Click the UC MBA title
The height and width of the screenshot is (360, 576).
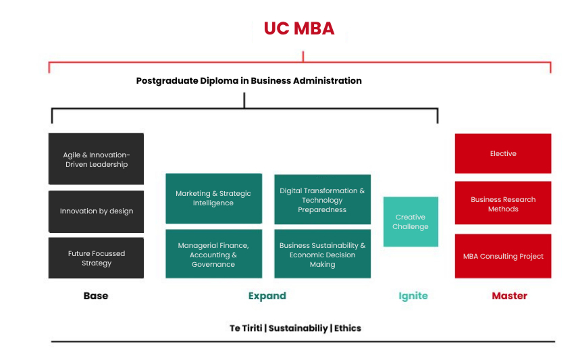[x=298, y=28]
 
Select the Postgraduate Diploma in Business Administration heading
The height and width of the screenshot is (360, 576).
[x=248, y=80]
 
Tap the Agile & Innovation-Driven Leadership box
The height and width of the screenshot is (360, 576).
[x=96, y=159]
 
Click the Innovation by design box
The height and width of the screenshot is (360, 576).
[x=96, y=211]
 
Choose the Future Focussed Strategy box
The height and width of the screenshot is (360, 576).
[x=96, y=258]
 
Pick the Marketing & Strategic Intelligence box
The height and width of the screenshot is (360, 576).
[x=213, y=199]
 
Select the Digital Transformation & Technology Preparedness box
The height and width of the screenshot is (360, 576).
[x=322, y=200]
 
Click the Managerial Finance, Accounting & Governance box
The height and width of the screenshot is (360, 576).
[x=213, y=255]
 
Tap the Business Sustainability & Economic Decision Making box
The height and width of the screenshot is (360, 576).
[x=322, y=255]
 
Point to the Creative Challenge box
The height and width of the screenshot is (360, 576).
[x=411, y=222]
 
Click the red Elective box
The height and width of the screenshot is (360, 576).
[x=502, y=154]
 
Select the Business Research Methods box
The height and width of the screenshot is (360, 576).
[x=502, y=204]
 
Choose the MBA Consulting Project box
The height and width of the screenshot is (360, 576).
[x=502, y=256]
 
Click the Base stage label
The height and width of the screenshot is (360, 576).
[x=96, y=296]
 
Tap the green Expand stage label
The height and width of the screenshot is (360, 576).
[x=267, y=296]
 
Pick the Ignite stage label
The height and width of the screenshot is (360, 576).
[x=413, y=296]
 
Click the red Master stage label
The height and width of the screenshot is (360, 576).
[x=509, y=296]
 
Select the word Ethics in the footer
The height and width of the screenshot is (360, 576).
[x=347, y=328]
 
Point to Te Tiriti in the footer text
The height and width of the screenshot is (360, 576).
[x=246, y=328]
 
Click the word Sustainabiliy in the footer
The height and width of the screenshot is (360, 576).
[x=298, y=328]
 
